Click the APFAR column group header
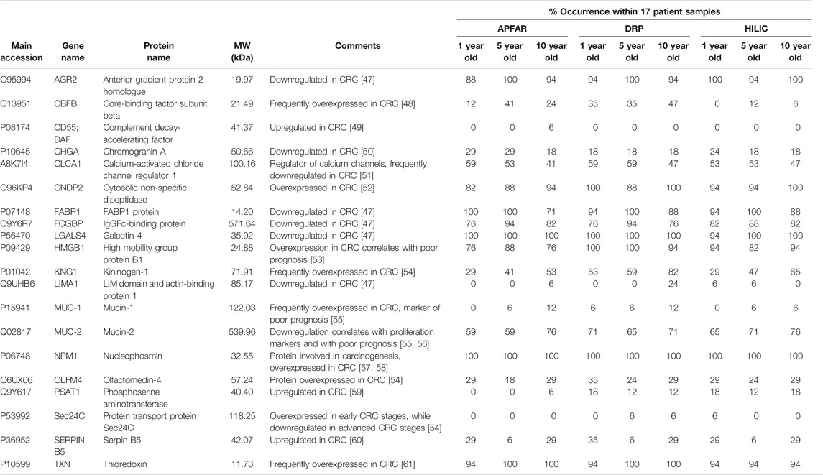[512, 28]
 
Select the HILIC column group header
[756, 28]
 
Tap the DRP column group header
[634, 28]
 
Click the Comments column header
[357, 46]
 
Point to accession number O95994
[16, 80]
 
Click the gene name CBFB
[65, 104]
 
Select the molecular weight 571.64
[242, 224]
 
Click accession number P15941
[15, 308]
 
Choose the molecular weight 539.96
[242, 332]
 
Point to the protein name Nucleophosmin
[132, 356]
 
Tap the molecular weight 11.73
[243, 464]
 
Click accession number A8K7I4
[14, 164]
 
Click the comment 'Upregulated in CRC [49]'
[316, 127]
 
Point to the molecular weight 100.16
[242, 164]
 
